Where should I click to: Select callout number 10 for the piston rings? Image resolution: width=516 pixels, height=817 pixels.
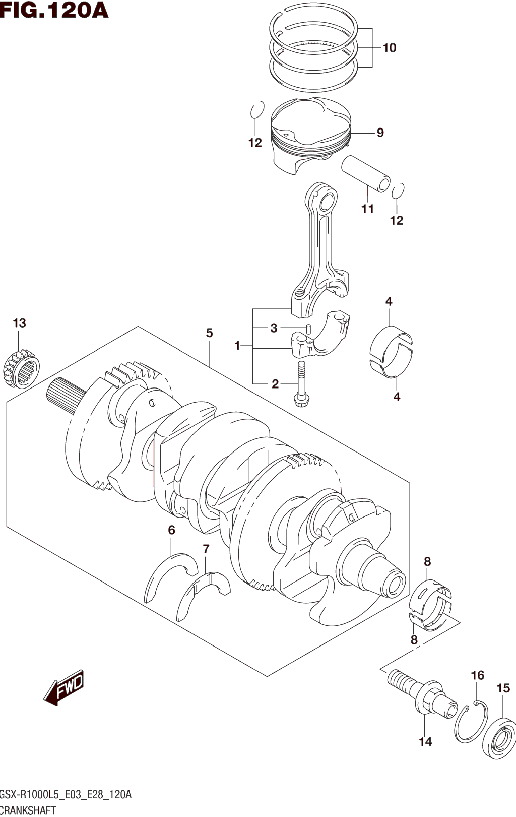coord(389,48)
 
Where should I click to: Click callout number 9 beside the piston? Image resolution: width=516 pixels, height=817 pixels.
coord(380,133)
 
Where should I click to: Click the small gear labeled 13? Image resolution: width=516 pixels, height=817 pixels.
coord(21,369)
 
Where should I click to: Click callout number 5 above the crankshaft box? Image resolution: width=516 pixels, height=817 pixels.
coord(210,333)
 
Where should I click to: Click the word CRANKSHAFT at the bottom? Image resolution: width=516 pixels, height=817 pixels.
coord(28,810)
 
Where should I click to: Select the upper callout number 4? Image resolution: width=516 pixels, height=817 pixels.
coord(389,301)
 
